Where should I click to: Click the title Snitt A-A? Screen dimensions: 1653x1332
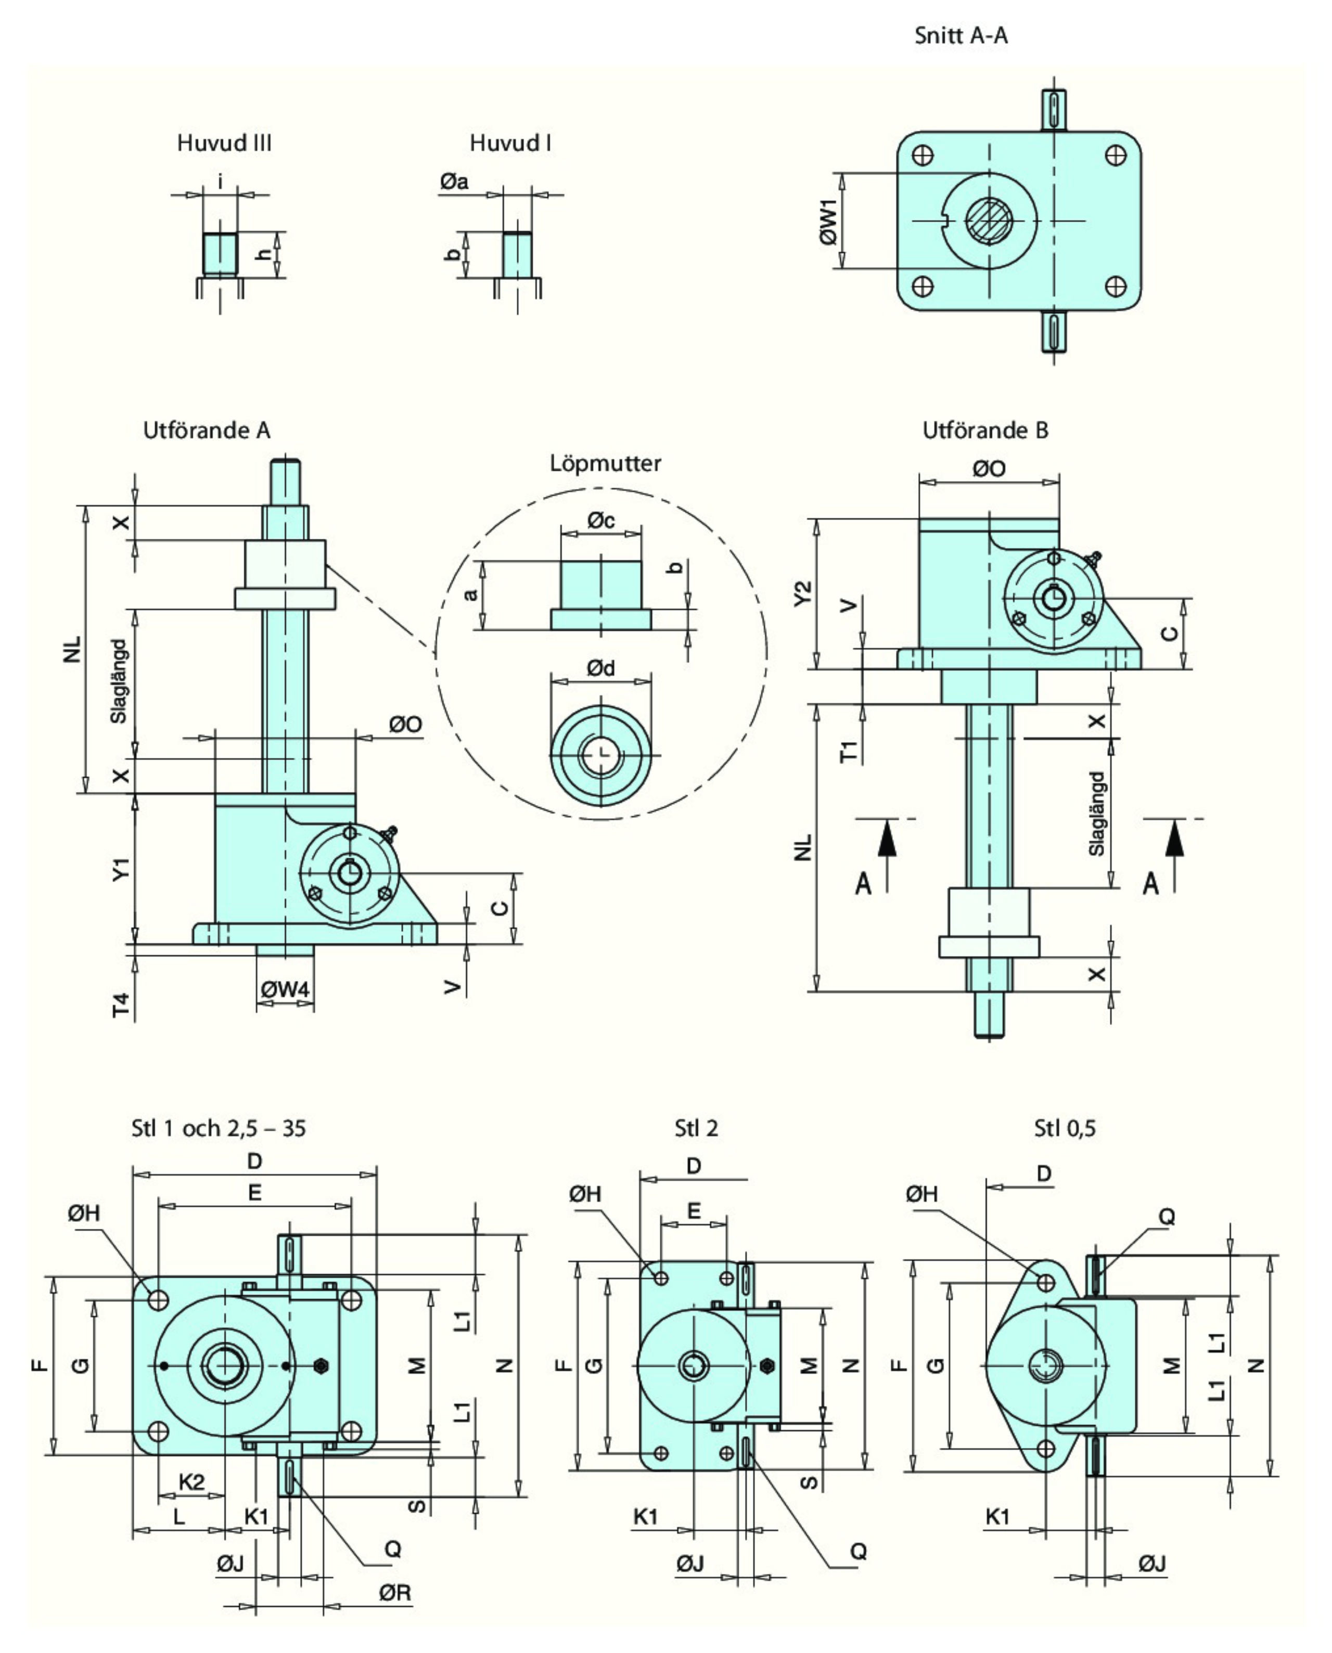(960, 35)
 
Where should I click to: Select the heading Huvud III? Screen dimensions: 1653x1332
(224, 144)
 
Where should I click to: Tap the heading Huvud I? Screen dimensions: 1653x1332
(510, 144)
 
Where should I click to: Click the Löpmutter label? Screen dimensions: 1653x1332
(606, 463)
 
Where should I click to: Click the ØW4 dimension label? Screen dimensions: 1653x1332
(285, 989)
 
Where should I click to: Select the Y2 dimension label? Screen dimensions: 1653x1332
(802, 593)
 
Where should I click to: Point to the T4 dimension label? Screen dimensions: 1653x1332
(121, 1005)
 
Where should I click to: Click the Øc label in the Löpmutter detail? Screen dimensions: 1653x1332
(601, 521)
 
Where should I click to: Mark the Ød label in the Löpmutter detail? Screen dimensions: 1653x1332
(601, 669)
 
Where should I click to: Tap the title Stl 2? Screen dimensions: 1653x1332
(696, 1128)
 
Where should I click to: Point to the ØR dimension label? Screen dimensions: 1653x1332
(395, 1593)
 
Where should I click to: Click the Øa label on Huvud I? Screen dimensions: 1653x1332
(454, 182)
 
